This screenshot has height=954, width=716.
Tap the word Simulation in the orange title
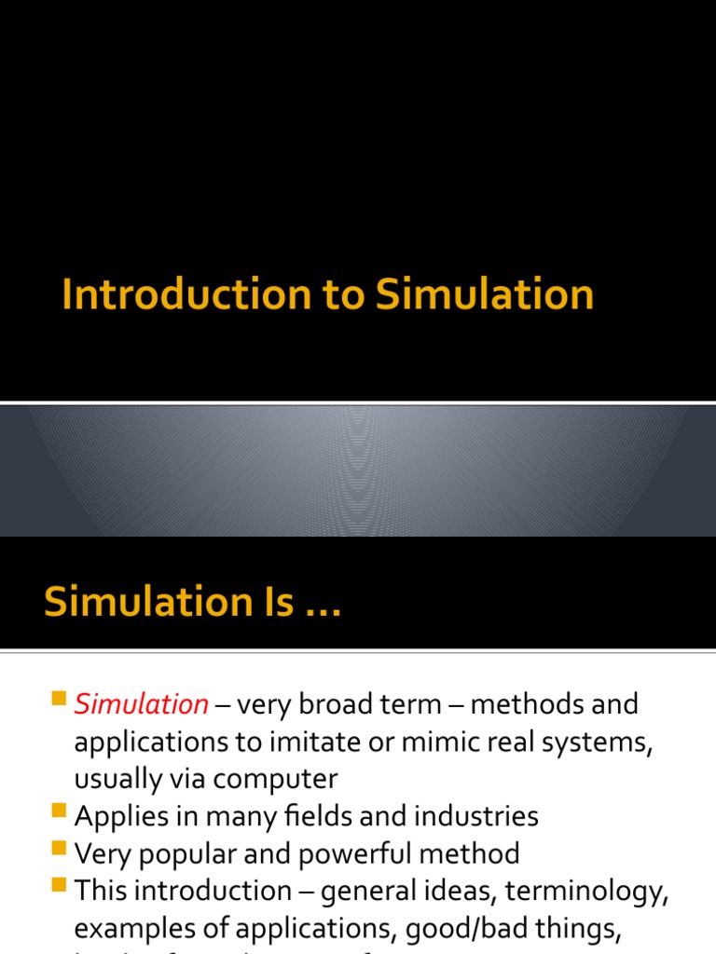[x=484, y=295]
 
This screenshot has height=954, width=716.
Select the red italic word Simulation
[x=142, y=704]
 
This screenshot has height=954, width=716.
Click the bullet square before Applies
[x=60, y=812]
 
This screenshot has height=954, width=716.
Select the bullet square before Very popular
[x=60, y=849]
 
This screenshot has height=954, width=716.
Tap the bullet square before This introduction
[x=60, y=886]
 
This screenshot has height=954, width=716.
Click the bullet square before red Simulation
[x=60, y=700]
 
